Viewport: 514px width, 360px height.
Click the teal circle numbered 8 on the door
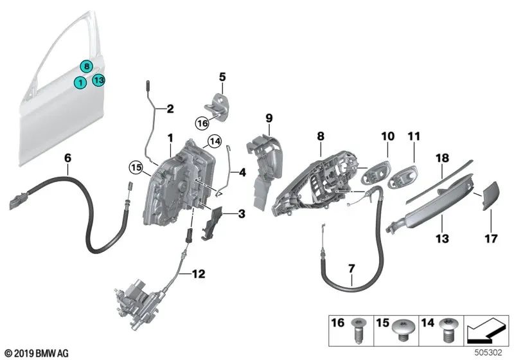[x=85, y=65]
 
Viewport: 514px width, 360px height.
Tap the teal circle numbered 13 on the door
[x=98, y=80]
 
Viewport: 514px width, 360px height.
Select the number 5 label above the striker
[x=222, y=77]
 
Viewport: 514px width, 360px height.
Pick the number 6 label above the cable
[x=67, y=157]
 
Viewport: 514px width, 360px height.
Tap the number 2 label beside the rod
[x=170, y=109]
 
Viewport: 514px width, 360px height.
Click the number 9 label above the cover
[x=269, y=118]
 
